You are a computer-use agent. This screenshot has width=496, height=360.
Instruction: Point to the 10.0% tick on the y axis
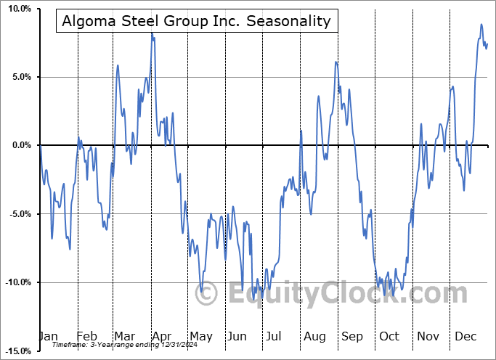click(19, 9)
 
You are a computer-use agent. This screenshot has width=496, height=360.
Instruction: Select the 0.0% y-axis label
click(21, 145)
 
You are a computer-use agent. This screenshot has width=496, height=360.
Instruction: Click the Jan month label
click(48, 336)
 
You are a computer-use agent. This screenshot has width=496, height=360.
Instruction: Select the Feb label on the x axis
click(86, 336)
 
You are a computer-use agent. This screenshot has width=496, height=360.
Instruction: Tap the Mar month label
click(124, 336)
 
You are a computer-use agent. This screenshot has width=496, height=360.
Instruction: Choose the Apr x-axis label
click(161, 336)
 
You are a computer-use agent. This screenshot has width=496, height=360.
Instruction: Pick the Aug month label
click(314, 336)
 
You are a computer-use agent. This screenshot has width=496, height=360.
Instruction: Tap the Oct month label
click(389, 336)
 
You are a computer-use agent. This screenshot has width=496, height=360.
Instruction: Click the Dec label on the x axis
click(465, 336)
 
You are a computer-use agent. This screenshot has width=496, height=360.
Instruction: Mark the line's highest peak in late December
click(481, 25)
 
